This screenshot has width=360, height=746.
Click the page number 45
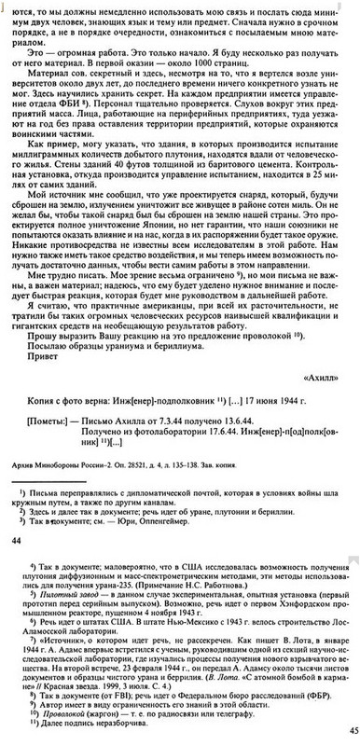point(352,731)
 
